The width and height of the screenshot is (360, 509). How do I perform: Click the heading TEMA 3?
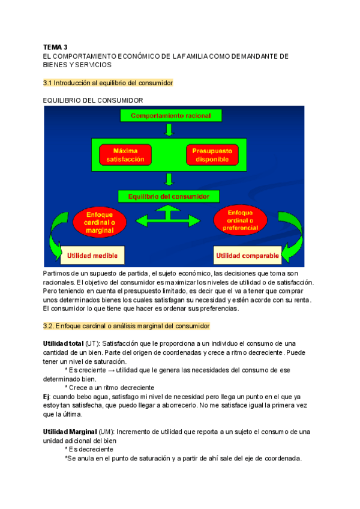tap(56, 46)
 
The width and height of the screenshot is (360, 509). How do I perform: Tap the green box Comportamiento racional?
tap(170, 115)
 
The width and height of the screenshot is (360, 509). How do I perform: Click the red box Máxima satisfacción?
tap(126, 155)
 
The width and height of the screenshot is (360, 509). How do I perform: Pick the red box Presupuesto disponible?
tap(213, 155)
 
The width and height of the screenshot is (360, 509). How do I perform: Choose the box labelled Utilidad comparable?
tap(247, 256)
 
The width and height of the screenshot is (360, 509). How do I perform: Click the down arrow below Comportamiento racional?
tap(170, 130)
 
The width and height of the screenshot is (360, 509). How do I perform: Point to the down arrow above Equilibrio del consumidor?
tap(170, 179)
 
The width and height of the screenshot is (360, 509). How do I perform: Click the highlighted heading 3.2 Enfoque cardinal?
tap(127, 326)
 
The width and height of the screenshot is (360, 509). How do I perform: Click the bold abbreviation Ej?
tap(46, 397)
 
